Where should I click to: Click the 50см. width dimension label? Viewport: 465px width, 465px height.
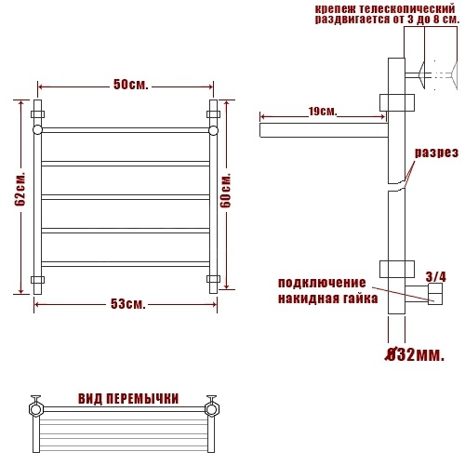[131, 85]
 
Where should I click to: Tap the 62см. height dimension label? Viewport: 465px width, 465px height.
[20, 189]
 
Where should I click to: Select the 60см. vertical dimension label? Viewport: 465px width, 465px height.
[226, 191]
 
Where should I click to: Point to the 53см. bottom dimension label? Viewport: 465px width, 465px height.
[128, 304]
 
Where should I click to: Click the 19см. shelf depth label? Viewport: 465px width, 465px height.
[323, 111]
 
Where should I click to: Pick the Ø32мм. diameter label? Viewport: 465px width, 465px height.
[415, 354]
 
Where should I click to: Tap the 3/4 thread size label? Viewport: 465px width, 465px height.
[436, 276]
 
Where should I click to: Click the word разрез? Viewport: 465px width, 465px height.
[436, 153]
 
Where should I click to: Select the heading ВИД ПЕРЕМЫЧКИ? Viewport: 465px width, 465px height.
[128, 399]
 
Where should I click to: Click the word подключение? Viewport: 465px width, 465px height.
[322, 283]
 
